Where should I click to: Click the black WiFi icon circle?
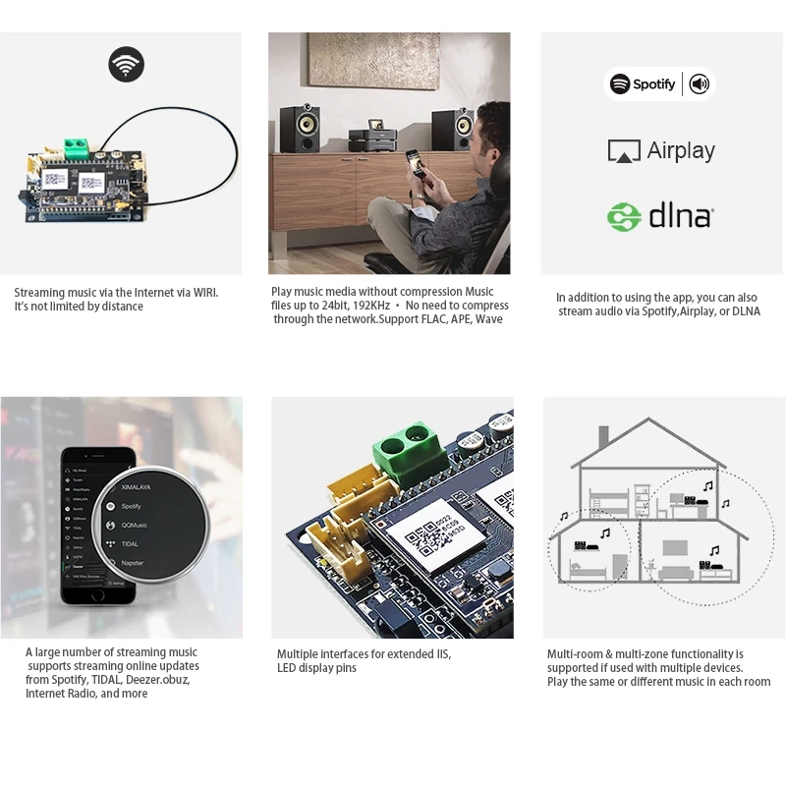pos(126,66)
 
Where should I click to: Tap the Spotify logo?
pos(643,84)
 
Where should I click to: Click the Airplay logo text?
pos(662,151)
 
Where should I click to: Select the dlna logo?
pos(658,216)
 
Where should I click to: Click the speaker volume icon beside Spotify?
pos(700,84)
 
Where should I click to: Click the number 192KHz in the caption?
pos(371,306)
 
